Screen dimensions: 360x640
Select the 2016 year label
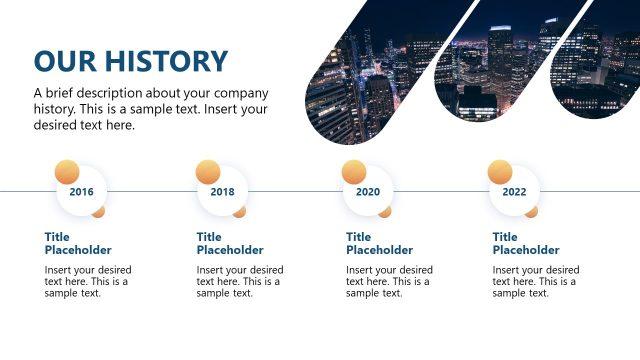(81, 191)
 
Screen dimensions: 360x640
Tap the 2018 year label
(223, 191)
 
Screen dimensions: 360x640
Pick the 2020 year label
(368, 191)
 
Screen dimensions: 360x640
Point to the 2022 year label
(514, 191)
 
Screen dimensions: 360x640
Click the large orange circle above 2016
(67, 172)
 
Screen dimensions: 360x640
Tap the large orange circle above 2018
(208, 172)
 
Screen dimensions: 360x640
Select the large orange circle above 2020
(354, 172)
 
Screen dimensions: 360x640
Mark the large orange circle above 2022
(500, 172)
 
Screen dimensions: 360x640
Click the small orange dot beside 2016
(99, 211)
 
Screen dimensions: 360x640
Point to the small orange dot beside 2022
(532, 211)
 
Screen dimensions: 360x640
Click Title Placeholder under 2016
(78, 243)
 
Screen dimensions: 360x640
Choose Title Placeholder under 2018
(230, 243)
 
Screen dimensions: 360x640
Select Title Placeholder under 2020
(379, 243)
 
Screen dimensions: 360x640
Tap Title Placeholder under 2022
(526, 243)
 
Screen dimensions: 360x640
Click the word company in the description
(242, 93)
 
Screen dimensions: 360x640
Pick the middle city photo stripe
(490, 65)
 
